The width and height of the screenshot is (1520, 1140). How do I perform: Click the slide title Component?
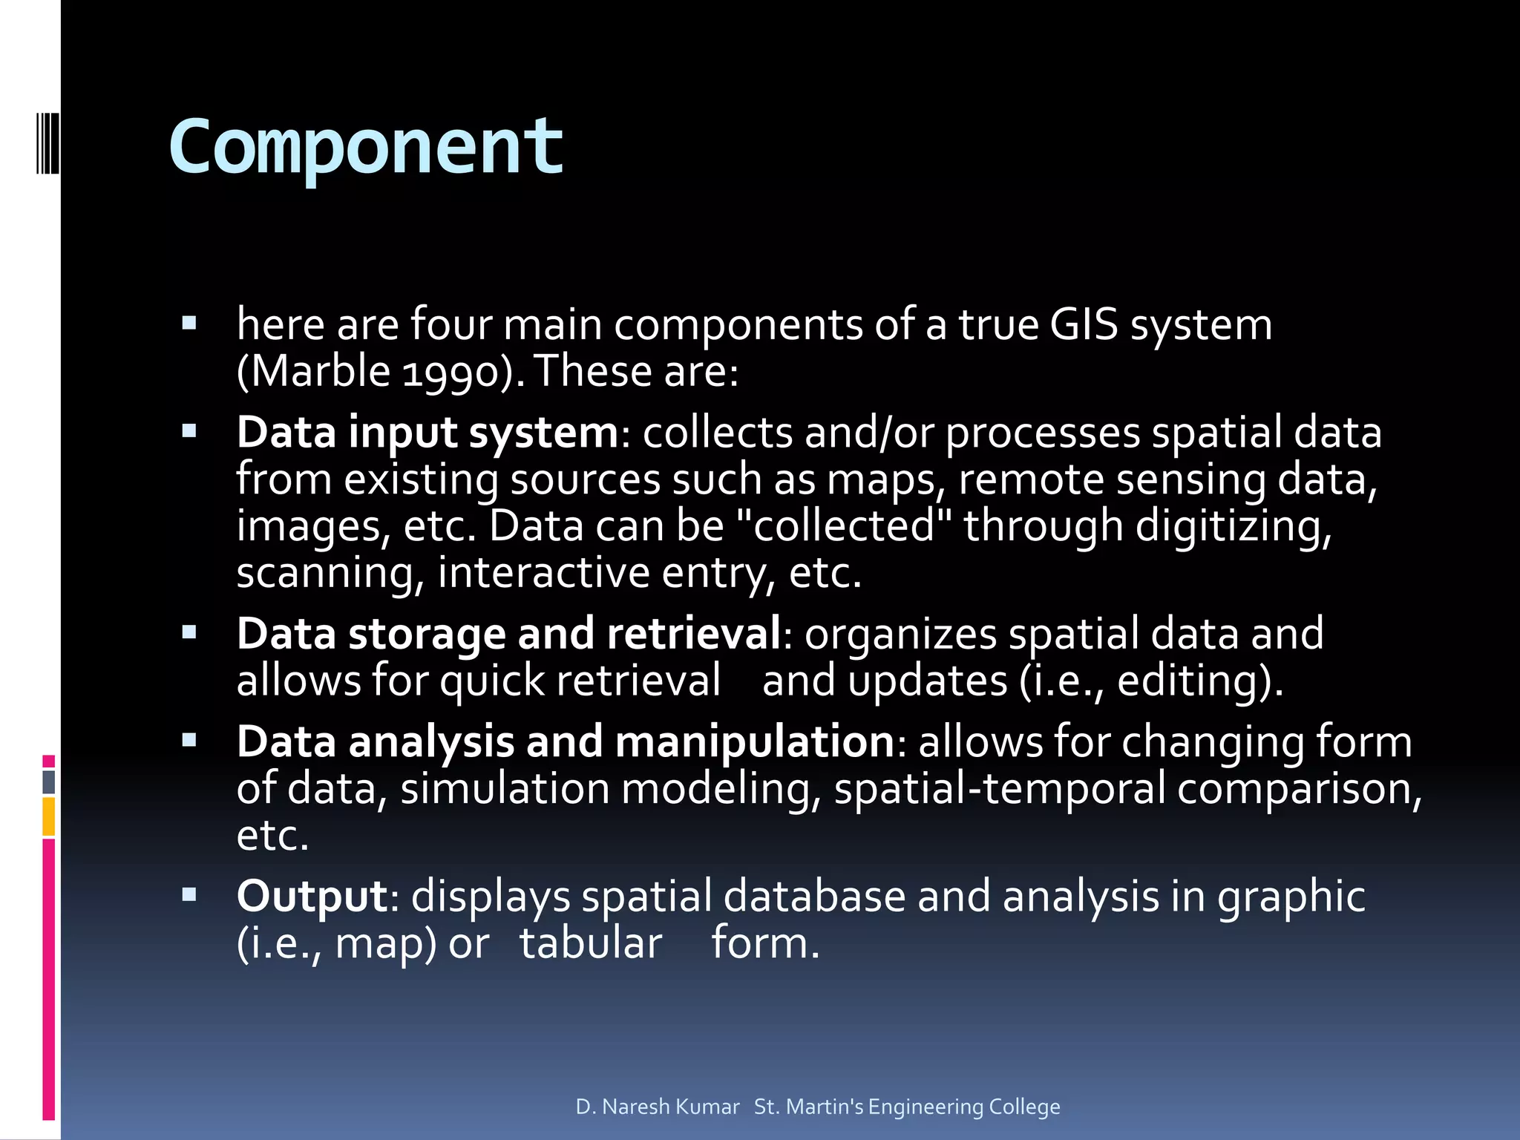pyautogui.click(x=366, y=148)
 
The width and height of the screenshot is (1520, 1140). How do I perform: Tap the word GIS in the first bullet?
pyautogui.click(x=1084, y=325)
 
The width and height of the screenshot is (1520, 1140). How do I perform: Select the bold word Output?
pyautogui.click(x=312, y=896)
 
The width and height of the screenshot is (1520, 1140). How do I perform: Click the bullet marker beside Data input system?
pyautogui.click(x=189, y=431)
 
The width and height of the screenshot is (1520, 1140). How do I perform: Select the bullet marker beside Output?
pyautogui.click(x=189, y=894)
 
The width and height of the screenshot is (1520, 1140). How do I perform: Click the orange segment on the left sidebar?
pyautogui.click(x=49, y=816)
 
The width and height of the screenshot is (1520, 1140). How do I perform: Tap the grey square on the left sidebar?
pyautogui.click(x=49, y=782)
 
